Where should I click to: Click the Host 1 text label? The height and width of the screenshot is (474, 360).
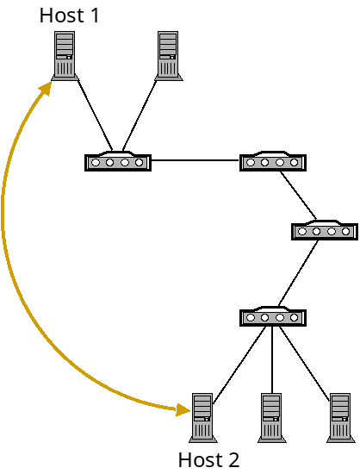[70, 15]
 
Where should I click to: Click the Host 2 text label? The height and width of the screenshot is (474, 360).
[208, 459]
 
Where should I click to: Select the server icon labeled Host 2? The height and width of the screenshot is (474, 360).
[202, 417]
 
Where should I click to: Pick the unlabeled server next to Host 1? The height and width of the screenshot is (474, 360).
[168, 55]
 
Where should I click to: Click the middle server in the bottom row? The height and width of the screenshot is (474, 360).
[271, 417]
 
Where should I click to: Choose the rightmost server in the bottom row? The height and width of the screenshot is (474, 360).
[340, 417]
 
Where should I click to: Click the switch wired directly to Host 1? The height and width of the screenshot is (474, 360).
[118, 161]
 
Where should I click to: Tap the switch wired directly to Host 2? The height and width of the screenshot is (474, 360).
[273, 316]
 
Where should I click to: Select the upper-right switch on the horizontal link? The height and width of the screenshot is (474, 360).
[273, 161]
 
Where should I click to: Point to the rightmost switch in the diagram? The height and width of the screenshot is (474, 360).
[325, 230]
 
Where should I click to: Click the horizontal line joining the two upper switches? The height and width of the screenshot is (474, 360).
[196, 160]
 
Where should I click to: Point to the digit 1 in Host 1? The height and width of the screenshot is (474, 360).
[95, 15]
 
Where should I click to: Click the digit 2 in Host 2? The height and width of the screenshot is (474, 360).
[233, 459]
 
